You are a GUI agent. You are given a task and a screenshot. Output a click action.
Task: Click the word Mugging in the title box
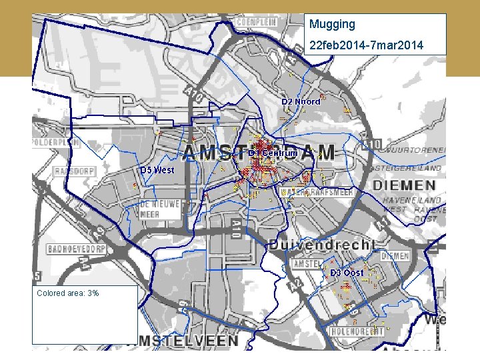(x=332, y=25)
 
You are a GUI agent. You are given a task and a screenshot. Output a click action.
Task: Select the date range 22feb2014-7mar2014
(x=365, y=45)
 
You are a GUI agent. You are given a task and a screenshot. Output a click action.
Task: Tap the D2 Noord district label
(x=301, y=102)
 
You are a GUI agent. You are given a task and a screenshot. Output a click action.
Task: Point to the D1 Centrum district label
(x=273, y=153)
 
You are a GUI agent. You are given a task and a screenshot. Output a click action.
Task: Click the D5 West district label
(x=157, y=170)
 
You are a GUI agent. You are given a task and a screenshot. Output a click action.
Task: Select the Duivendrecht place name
(x=323, y=245)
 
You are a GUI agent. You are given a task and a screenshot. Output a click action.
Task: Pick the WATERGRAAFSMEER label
(x=317, y=192)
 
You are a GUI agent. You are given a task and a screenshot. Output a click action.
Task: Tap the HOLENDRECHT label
(x=358, y=331)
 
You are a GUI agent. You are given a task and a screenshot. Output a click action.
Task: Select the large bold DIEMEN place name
(x=407, y=185)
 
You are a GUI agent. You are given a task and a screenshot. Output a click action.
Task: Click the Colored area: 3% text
(x=68, y=293)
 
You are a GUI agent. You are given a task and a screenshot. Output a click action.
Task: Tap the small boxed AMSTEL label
(x=308, y=264)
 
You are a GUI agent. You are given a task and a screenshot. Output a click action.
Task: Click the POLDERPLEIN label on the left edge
(x=54, y=143)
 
